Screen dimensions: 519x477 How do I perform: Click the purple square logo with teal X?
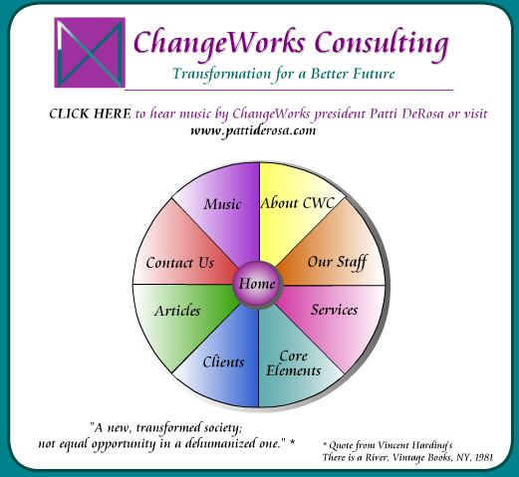point(90,53)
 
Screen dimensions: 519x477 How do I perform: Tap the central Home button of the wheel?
point(257,285)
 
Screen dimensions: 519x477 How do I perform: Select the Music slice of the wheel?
point(222,212)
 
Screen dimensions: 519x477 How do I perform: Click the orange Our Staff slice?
point(336,256)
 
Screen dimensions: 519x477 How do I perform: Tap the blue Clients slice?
point(223,361)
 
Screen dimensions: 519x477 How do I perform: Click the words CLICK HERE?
point(90,114)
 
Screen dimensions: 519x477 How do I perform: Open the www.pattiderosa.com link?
point(253,130)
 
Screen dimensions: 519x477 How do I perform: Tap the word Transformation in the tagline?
point(222,74)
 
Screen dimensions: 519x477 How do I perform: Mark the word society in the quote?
point(221,428)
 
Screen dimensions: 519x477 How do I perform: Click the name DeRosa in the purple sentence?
point(422,114)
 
